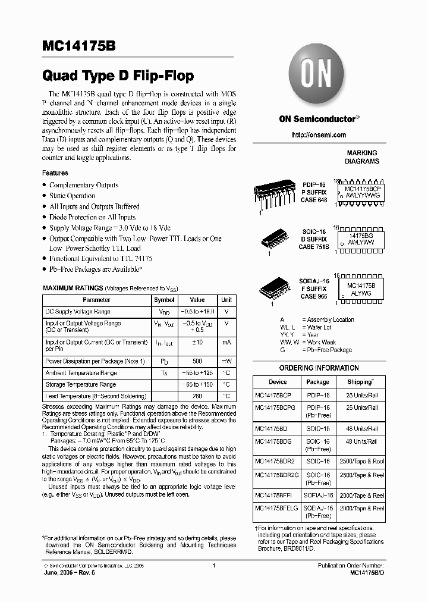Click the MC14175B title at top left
coord(80,47)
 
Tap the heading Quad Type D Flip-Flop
coord(118,76)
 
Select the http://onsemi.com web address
coord(319,135)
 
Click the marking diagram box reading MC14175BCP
coord(362,191)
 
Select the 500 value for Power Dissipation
coord(197,361)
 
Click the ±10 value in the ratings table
coord(197,343)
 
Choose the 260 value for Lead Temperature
coord(197,396)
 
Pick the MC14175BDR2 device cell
coord(275,461)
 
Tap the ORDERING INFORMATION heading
coord(319,368)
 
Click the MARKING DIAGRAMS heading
coord(362,157)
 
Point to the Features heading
coord(55,173)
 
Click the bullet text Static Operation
coord(72,196)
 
